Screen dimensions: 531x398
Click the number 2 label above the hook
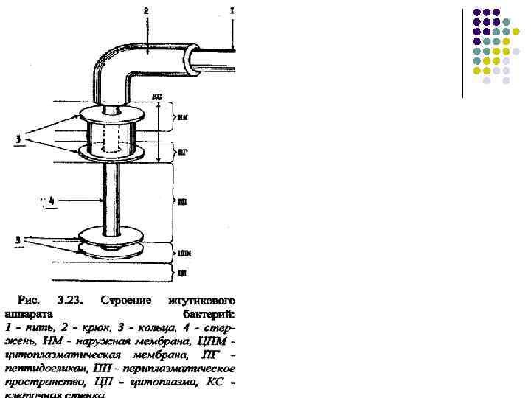click(x=145, y=11)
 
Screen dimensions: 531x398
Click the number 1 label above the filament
click(x=233, y=11)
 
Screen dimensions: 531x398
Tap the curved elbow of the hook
click(x=111, y=63)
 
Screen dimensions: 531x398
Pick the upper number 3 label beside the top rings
click(x=17, y=139)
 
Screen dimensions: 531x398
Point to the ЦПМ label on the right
click(x=184, y=254)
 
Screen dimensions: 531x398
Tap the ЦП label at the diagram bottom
click(x=182, y=274)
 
